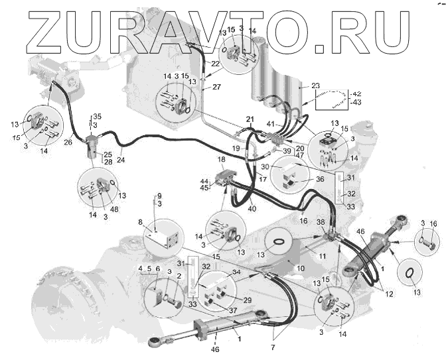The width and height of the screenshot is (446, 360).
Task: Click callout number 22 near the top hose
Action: pos(216,64)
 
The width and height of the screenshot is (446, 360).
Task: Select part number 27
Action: pos(216,86)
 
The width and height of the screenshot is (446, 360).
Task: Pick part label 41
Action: pos(270,124)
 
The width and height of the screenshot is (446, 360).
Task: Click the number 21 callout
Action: pos(250,119)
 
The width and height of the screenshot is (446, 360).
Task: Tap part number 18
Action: pos(221,160)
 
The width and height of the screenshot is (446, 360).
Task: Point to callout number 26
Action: pos(68,142)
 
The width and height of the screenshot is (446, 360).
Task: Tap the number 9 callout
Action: pos(158,196)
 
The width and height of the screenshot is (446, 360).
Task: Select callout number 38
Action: pos(320,223)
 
